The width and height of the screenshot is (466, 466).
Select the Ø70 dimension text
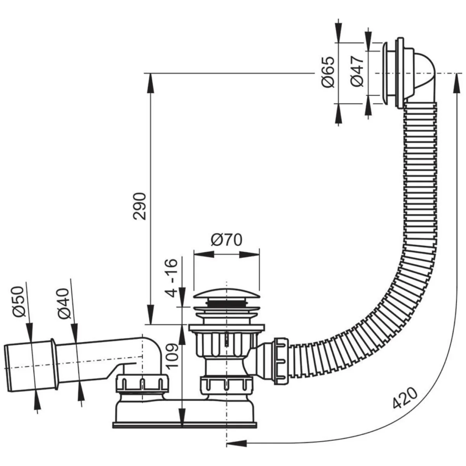point(226,240)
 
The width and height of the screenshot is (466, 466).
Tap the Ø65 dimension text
point(328,72)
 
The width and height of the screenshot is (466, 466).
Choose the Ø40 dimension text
point(63,303)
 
